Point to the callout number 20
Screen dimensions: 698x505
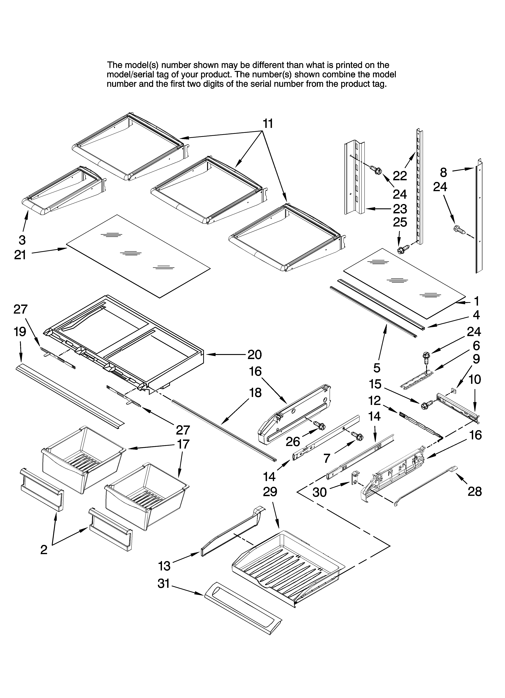254,355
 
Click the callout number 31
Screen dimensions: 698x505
164,583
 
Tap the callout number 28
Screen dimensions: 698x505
475,491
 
